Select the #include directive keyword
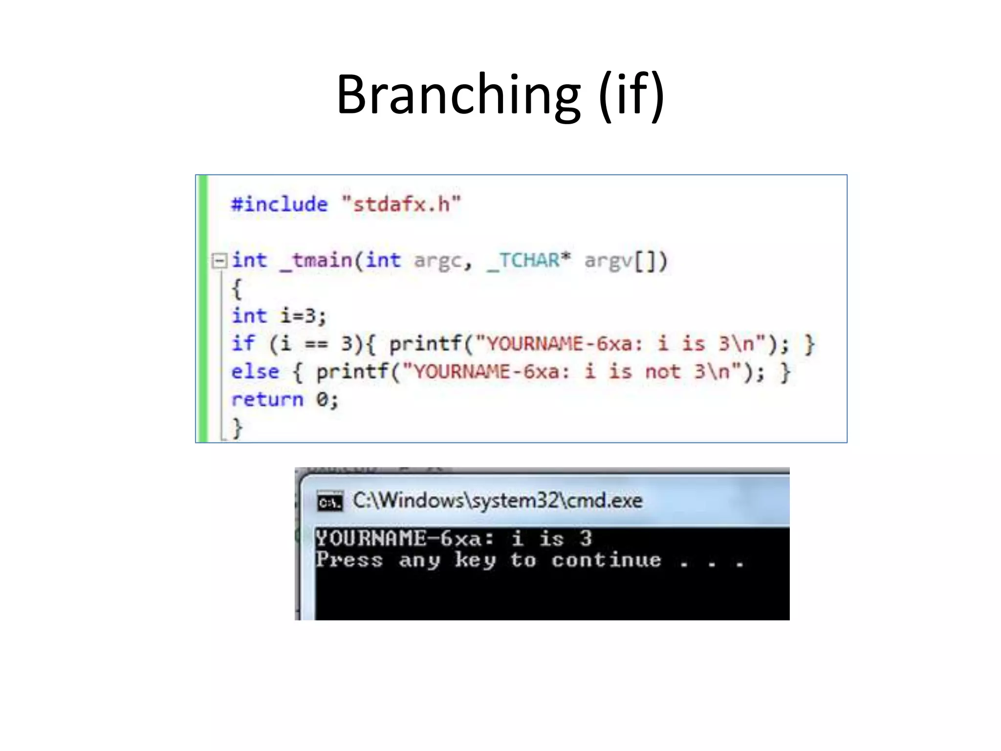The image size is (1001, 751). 279,204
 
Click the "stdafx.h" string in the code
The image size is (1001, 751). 401,204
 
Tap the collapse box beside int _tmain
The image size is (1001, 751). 219,260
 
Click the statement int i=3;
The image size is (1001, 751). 279,316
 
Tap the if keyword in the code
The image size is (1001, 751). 243,343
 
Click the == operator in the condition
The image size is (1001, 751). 316,344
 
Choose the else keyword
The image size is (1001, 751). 255,372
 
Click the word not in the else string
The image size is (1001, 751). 662,372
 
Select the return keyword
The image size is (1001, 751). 267,400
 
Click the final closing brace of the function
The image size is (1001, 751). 237,428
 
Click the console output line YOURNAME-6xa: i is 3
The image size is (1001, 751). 453,538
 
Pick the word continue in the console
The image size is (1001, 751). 606,560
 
